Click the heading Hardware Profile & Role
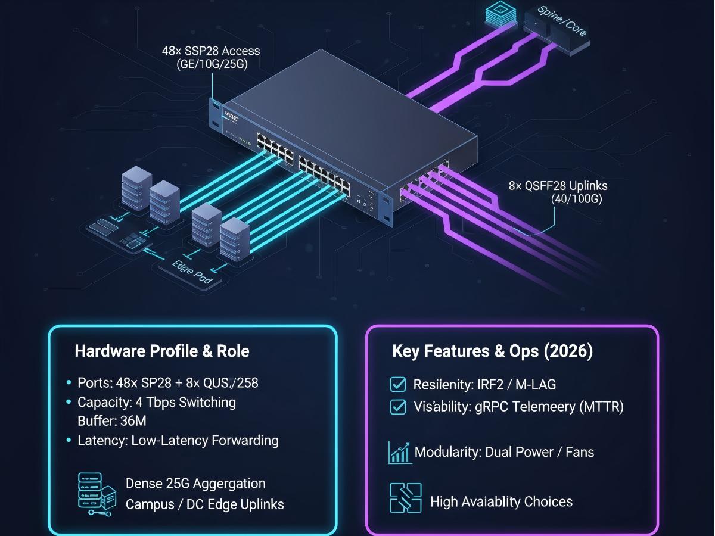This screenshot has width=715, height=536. tap(162, 351)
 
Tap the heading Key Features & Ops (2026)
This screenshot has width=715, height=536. tap(492, 351)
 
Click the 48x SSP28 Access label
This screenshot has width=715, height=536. tap(211, 51)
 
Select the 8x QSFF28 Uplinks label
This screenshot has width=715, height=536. tap(558, 186)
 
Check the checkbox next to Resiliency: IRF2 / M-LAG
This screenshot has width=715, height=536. tap(397, 384)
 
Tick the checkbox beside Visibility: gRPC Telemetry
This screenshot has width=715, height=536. tap(397, 407)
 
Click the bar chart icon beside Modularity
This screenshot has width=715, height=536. tap(399, 453)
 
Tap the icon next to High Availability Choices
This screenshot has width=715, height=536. tap(405, 498)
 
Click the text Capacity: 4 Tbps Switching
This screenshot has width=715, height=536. tap(157, 403)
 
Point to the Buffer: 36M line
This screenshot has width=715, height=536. tap(112, 421)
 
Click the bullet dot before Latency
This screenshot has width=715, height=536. tap(70, 441)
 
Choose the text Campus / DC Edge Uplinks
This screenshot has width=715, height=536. tap(204, 504)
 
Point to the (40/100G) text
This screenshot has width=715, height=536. tap(577, 199)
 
